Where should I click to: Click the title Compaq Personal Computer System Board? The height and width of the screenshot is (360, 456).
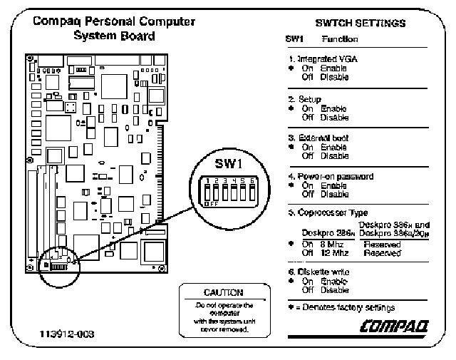[114, 29]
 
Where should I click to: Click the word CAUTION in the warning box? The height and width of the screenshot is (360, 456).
[223, 292]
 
